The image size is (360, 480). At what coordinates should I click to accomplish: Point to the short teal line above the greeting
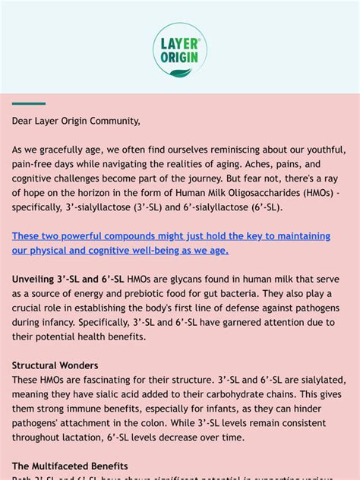[29, 103]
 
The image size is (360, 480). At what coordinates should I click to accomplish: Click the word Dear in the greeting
[24, 120]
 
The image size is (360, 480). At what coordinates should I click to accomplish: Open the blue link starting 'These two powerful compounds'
[171, 243]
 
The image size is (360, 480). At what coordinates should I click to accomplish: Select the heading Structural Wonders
[55, 365]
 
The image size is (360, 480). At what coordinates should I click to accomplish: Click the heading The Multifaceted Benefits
[70, 466]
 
